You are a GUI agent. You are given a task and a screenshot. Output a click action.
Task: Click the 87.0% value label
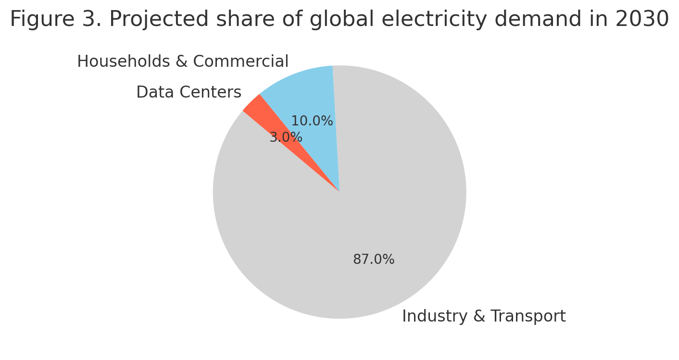click(x=374, y=260)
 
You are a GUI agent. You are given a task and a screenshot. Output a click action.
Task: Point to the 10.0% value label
click(x=312, y=121)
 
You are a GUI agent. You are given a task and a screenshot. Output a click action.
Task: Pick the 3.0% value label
click(x=286, y=137)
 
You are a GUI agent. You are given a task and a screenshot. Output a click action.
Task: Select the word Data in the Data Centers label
click(x=151, y=92)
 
